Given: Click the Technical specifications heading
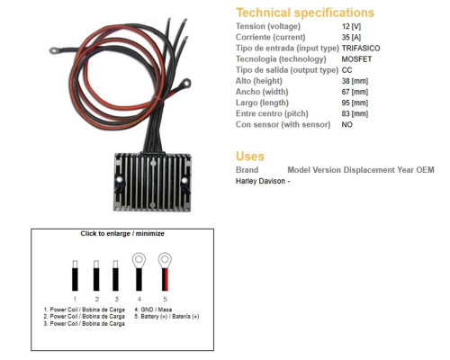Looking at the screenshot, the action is coord(305,13).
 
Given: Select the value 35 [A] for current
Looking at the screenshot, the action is coord(351,37).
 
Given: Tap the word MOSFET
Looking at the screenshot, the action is coord(356,59).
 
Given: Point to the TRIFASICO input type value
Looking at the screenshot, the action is coord(361,49).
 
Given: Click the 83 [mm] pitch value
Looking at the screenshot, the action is coord(355,113).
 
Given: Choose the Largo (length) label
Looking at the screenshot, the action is coord(262,103).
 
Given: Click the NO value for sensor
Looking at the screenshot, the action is coord(346,124).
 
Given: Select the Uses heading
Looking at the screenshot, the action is coord(250,157).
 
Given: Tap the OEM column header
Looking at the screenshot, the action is coord(425,170).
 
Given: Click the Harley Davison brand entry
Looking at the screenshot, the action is coord(260,181).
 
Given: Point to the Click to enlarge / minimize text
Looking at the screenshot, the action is coord(122,233).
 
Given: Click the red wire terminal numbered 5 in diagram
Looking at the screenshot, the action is coord(165,272).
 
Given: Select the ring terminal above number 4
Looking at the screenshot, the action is coord(139,260).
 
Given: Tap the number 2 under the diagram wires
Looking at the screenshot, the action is coord(97,299).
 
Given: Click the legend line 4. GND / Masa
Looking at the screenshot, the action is coord(153,310).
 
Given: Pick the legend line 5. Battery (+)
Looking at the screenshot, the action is coord(166,317).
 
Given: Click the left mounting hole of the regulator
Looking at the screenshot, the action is coord(120,180).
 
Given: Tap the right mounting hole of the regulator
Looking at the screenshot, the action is coord(184,180).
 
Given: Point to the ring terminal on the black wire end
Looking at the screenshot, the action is coord(54,50).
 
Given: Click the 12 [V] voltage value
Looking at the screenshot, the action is coord(351,26).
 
